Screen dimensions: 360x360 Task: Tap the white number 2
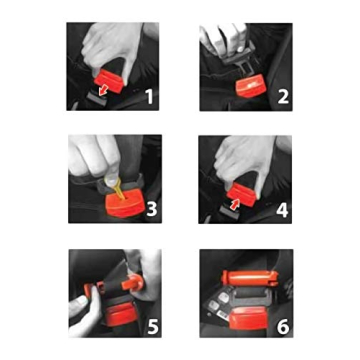(x=282, y=97)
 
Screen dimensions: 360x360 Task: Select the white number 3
(x=151, y=209)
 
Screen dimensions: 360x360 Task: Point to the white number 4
(x=282, y=209)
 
